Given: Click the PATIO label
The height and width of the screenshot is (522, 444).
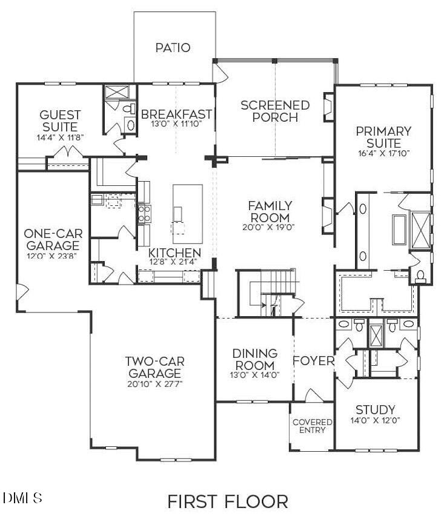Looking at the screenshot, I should click(x=172, y=47).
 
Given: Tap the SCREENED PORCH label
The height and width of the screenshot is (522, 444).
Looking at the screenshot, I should click(x=275, y=111).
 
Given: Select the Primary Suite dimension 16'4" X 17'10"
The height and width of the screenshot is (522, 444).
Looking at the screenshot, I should click(x=384, y=153).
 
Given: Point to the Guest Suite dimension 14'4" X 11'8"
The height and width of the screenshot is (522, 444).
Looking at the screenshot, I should click(x=60, y=137).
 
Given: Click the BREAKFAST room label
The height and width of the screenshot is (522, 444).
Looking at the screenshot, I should click(x=176, y=114).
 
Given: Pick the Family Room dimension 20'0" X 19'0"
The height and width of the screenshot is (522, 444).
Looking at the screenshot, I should click(x=269, y=228).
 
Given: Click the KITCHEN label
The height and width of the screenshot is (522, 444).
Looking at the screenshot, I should click(x=175, y=253).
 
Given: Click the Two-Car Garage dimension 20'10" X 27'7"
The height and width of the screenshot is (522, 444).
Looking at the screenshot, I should click(x=154, y=384).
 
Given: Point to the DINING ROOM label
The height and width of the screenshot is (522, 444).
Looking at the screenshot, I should click(x=255, y=359).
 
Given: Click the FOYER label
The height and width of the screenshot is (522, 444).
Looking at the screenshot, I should click(x=313, y=361).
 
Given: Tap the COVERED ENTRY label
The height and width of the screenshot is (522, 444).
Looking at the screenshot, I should click(x=312, y=426).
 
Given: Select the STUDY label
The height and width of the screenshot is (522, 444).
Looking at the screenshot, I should click(x=375, y=410).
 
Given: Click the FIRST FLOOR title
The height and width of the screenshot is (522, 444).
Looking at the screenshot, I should click(x=227, y=501).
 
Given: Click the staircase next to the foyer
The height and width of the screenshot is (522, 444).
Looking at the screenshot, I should click(x=266, y=294).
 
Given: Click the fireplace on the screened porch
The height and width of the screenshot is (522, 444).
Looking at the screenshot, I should click(x=328, y=107).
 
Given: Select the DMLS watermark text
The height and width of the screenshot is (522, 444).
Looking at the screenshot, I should click(x=22, y=498).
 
